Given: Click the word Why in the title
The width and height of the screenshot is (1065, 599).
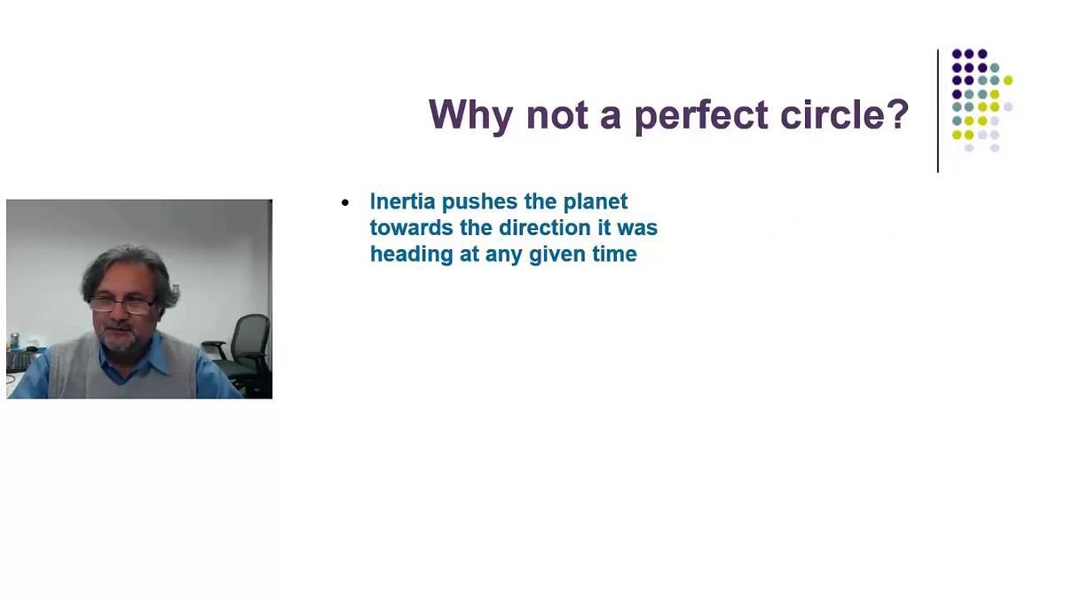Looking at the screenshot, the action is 470,115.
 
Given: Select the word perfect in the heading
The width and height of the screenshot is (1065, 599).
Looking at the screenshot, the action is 702,115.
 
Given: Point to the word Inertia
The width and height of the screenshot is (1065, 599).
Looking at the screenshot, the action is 403,201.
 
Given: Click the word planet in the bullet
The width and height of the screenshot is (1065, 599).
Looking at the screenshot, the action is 596,202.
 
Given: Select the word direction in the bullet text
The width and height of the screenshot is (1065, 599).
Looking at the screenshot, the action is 544,227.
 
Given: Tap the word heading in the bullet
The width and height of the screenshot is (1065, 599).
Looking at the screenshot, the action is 411,255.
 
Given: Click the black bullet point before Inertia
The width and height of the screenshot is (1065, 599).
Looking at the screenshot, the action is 345,203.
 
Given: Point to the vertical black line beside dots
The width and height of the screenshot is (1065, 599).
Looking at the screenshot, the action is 937,111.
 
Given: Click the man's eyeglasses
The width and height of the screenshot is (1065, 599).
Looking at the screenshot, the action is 122,304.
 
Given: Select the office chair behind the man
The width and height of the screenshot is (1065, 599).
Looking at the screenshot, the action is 240,354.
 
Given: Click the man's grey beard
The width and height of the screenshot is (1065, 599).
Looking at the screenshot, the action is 120,341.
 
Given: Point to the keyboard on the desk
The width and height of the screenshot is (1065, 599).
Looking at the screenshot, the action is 19,362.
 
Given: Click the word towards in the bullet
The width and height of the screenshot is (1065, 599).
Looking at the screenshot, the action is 412,228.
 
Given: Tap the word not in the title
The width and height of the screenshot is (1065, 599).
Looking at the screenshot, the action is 556,115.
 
